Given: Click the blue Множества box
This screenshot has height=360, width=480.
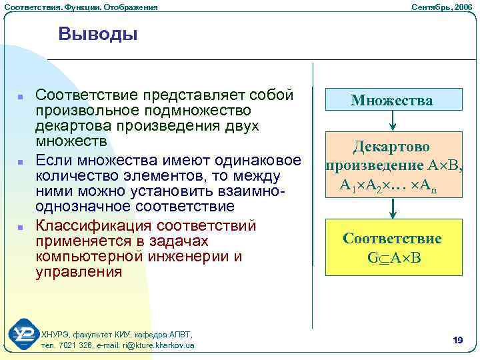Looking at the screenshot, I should point(393,100).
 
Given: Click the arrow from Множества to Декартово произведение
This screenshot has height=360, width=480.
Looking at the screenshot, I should point(393,120).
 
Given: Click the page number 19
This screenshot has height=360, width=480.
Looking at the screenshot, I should point(457,341).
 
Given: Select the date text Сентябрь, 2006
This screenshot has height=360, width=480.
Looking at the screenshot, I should point(441,6).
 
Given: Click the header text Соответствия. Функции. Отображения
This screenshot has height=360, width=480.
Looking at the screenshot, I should point(81,6).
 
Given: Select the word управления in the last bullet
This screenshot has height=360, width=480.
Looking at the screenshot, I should point(79,272).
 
